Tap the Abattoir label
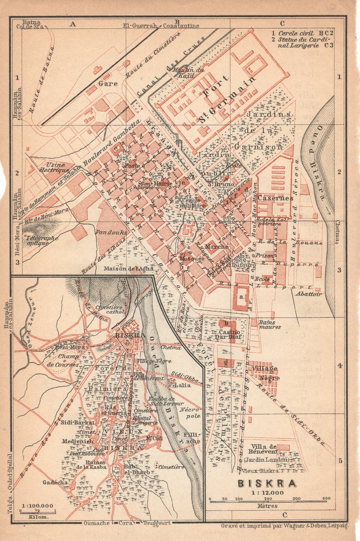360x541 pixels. (308, 294)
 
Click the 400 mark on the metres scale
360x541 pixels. (326, 498)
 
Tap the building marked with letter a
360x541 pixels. (240, 297)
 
